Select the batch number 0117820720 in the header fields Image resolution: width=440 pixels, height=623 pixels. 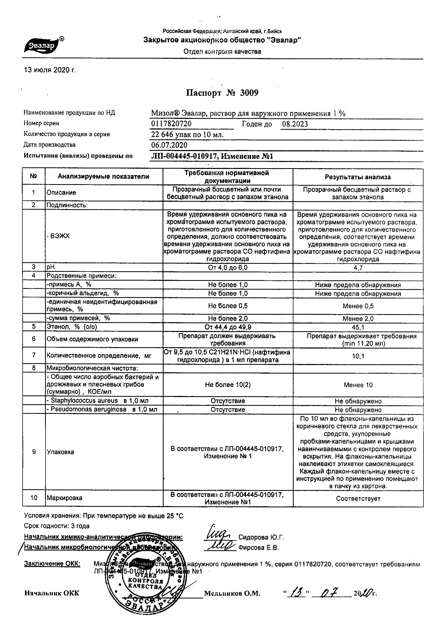(x=171, y=124)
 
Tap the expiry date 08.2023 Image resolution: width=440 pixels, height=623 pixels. (x=295, y=124)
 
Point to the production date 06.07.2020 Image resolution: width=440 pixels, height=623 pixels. (x=169, y=145)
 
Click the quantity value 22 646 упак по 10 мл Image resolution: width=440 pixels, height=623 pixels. (x=187, y=135)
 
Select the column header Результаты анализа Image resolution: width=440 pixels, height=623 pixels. (x=358, y=177)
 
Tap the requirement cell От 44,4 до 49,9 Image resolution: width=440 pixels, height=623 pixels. (x=228, y=327)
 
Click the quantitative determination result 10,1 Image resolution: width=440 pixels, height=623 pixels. (x=358, y=356)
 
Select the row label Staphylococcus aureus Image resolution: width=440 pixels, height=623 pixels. (x=84, y=401)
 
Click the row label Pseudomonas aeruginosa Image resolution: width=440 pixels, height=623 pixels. (x=88, y=410)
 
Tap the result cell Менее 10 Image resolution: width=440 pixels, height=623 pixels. (x=358, y=385)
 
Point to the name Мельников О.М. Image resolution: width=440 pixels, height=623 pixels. (x=232, y=594)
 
